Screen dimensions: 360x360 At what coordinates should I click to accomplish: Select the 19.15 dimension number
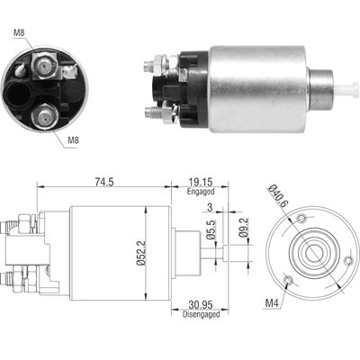(201, 182)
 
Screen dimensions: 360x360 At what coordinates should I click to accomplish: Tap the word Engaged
(201, 192)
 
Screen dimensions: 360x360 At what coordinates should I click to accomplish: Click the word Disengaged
(201, 314)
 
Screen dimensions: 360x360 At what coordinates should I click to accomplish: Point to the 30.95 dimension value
(201, 305)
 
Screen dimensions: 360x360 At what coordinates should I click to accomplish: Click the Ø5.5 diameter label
(211, 229)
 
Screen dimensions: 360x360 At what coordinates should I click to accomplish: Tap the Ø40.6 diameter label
(278, 196)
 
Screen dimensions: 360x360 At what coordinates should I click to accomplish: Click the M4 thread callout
(272, 303)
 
